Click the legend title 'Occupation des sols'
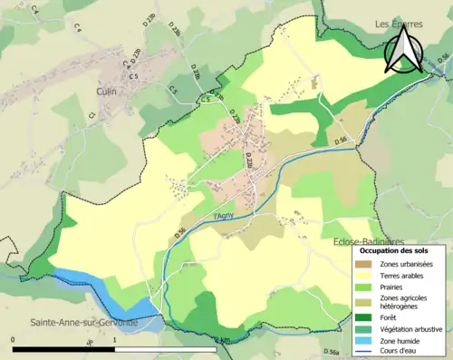tap(394, 250)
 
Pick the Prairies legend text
tap(395, 287)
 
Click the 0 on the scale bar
tap(13, 340)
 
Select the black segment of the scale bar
tap(63, 348)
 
